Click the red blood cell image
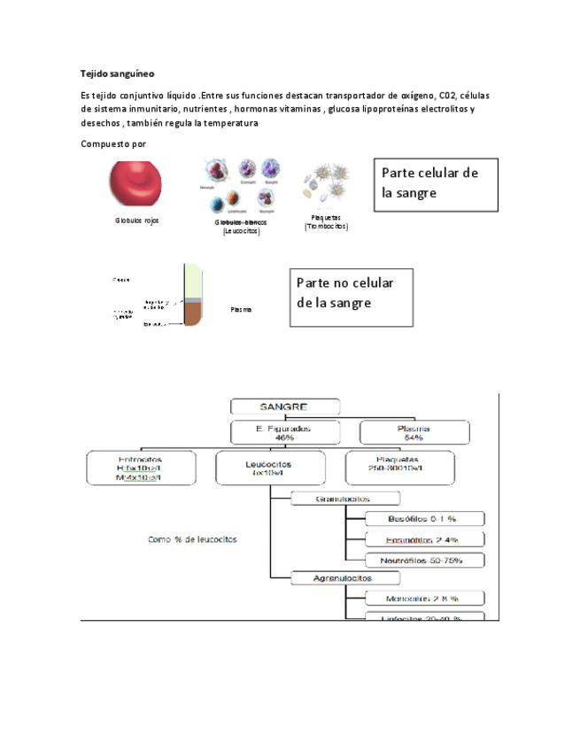(x=136, y=183)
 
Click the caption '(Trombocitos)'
(x=326, y=226)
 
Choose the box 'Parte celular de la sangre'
(x=436, y=184)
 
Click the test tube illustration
(x=193, y=296)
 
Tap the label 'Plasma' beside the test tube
(x=241, y=309)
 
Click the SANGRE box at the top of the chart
(x=283, y=406)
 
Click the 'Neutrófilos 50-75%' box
(x=426, y=560)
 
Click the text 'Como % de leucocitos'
(x=193, y=538)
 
